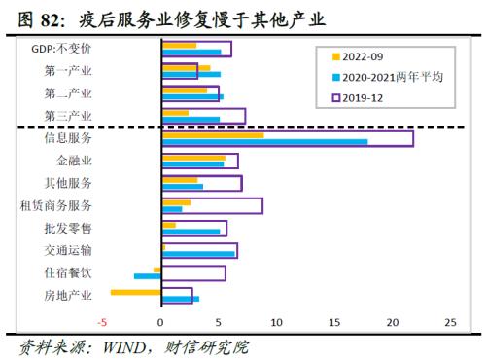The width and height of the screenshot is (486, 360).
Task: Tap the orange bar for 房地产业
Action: pyautogui.click(x=136, y=292)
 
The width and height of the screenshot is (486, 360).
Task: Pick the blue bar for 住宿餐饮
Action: pyautogui.click(x=148, y=276)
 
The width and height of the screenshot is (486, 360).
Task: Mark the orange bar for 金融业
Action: pyautogui.click(x=192, y=157)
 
